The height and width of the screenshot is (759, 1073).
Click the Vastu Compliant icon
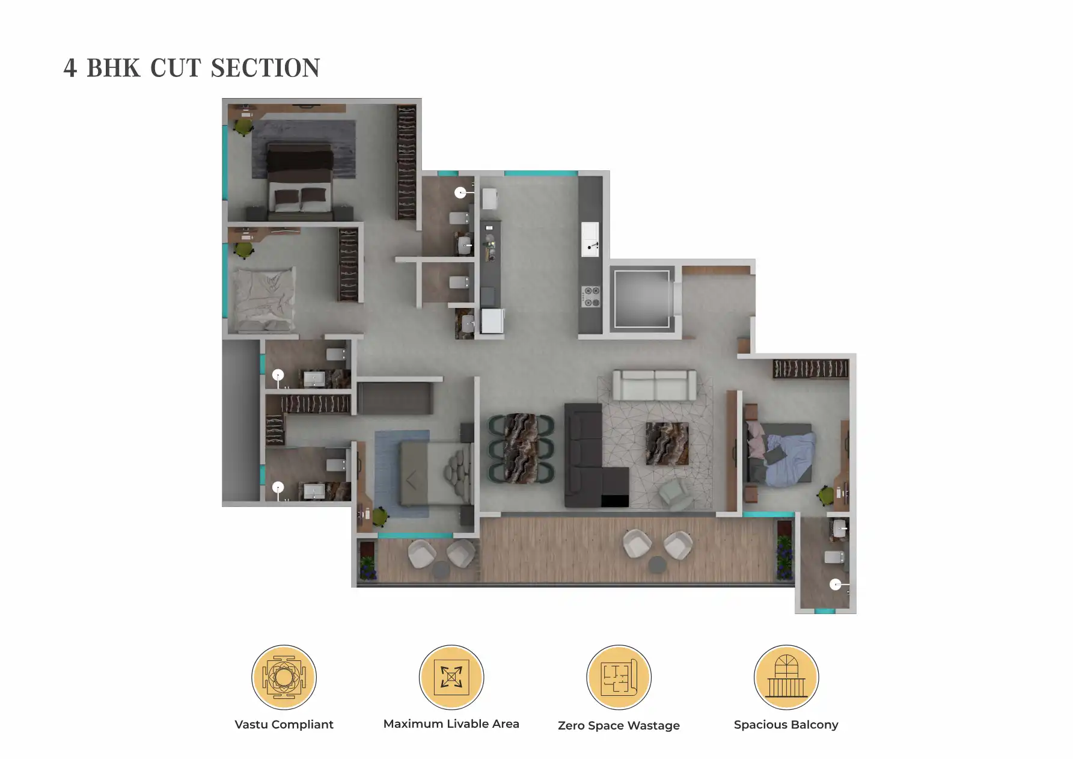coord(284,677)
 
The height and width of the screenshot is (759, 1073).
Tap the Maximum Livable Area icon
coord(451,677)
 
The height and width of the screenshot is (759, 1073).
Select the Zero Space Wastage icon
coord(619,677)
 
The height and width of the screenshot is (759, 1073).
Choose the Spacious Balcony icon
coord(786,677)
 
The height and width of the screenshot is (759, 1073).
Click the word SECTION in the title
coord(266,68)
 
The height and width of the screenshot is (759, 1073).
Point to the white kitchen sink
coord(590,239)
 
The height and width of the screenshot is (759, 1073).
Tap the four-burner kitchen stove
coord(590,296)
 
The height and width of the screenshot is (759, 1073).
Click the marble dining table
coord(521,447)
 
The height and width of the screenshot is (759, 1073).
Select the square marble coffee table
coord(667,443)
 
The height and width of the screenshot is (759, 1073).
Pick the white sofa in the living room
coord(654,385)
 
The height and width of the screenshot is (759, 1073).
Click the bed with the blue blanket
coord(780,453)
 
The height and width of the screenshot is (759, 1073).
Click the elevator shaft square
coord(641,298)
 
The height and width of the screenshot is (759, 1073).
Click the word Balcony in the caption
coord(814,725)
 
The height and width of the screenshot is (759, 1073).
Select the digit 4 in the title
coord(70,69)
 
